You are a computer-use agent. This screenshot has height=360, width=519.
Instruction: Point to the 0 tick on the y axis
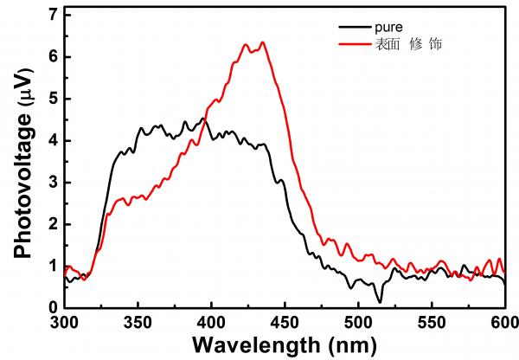(53, 307)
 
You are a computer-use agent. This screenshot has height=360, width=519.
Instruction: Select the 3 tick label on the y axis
(53, 183)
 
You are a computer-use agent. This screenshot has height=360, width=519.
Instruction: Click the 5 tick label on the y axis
(53, 99)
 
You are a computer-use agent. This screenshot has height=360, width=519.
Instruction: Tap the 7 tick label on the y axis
(53, 16)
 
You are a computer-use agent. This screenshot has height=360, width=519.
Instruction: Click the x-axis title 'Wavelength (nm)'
(285, 345)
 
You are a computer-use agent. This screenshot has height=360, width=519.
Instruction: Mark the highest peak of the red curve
(262, 42)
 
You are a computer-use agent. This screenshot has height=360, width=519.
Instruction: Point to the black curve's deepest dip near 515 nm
(379, 301)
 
